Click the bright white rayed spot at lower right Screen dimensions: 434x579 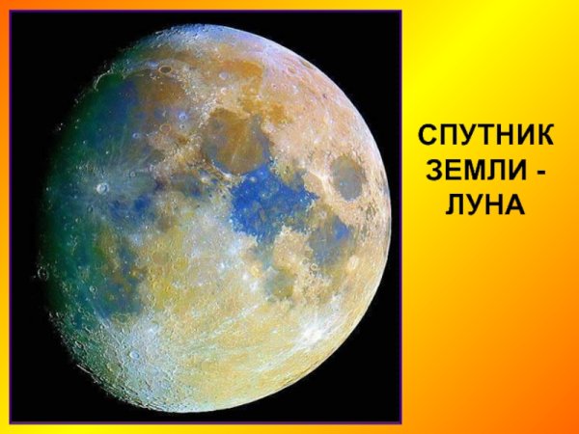pos(313,334)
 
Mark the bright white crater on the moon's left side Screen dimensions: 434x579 pos(102,188)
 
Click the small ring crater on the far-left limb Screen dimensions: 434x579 pos(43,274)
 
